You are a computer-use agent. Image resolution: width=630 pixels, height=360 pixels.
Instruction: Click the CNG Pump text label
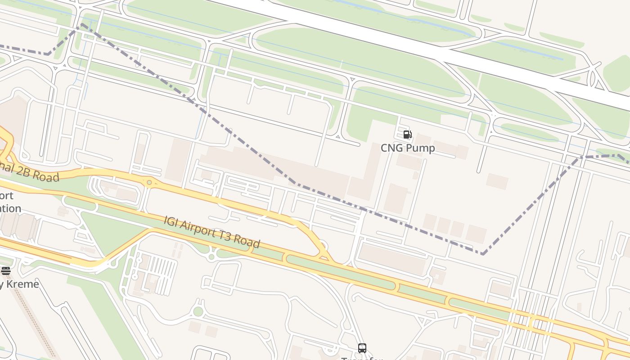(x=408, y=148)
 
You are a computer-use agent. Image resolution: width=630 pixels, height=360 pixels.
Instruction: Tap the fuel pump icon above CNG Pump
(x=407, y=134)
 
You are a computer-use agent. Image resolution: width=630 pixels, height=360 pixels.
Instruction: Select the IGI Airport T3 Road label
(x=212, y=232)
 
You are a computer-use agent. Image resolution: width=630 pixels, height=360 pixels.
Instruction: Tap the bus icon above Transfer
(x=362, y=348)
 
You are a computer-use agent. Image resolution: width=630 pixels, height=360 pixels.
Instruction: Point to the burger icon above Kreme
(x=5, y=270)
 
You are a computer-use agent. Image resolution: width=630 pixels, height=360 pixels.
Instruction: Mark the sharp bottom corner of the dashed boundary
(x=483, y=254)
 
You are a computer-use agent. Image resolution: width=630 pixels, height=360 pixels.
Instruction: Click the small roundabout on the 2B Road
(x=149, y=182)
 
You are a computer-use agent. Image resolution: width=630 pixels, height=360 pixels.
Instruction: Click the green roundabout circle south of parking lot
(x=198, y=311)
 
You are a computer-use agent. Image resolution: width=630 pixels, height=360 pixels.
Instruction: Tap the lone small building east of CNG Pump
(x=497, y=181)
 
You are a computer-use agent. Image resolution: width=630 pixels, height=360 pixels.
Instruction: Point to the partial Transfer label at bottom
(x=362, y=358)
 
